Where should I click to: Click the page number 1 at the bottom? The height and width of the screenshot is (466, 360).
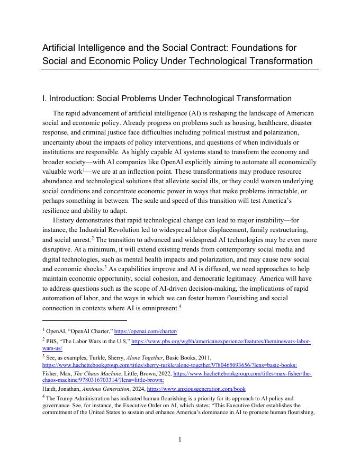pyautogui.click(x=179, y=439)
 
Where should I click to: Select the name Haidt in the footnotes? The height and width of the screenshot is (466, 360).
pyautogui.click(x=51, y=389)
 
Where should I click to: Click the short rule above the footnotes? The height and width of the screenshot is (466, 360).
pyautogui.click(x=85, y=320)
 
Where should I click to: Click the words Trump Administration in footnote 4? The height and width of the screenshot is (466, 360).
pyautogui.click(x=86, y=398)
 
